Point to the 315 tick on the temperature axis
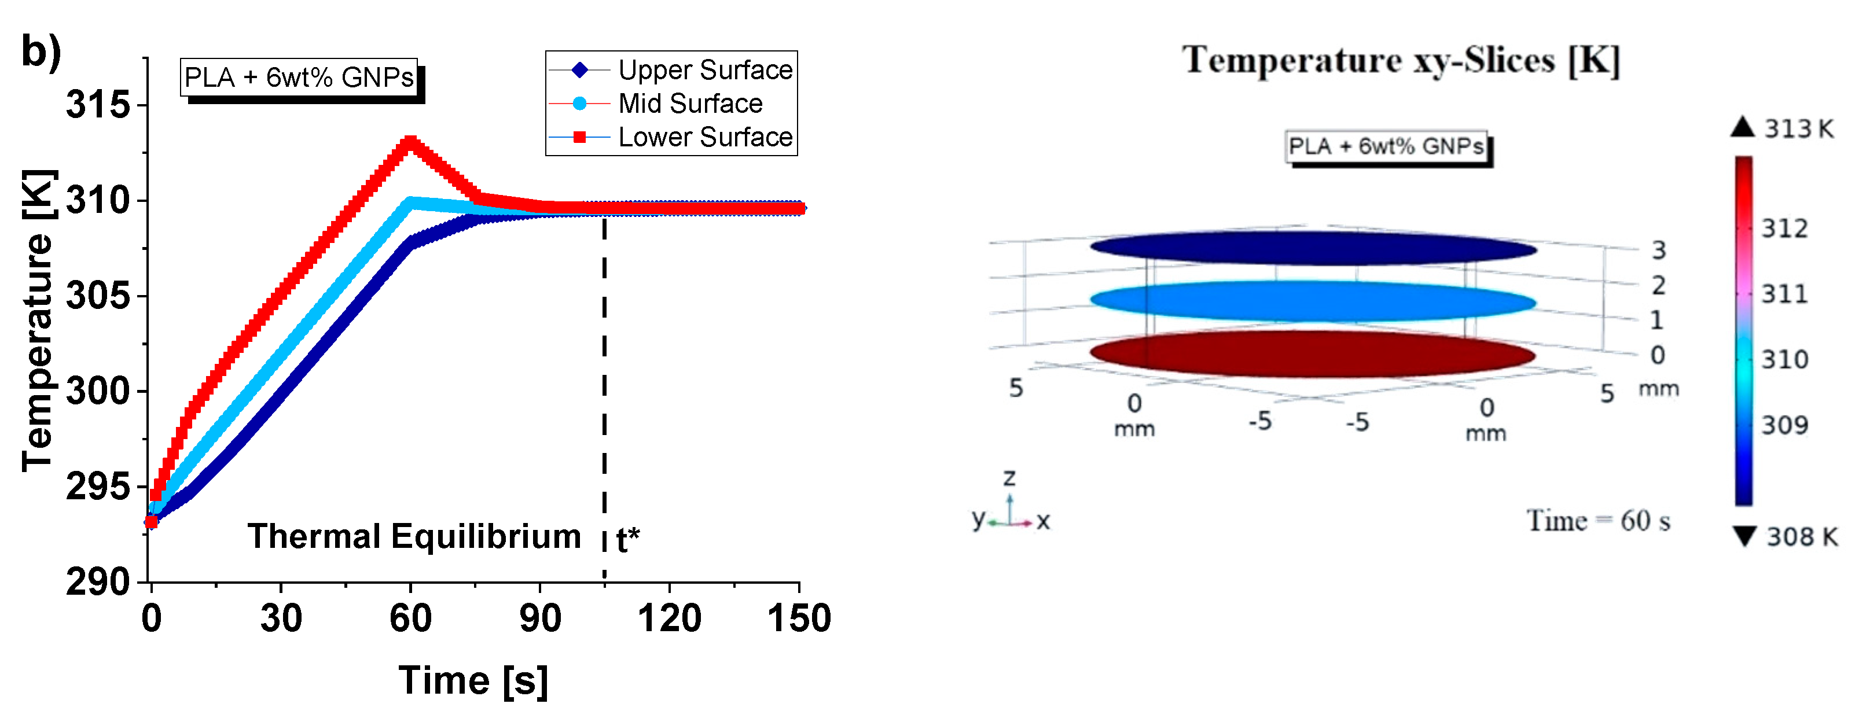click(x=98, y=105)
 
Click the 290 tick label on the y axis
click(x=98, y=581)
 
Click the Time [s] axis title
click(x=473, y=681)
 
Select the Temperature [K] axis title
click(x=38, y=320)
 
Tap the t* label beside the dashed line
click(x=628, y=540)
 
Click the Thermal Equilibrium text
click(x=414, y=537)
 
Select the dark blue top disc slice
click(x=1313, y=248)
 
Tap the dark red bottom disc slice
click(x=1313, y=354)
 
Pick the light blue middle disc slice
click(x=1313, y=301)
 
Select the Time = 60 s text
click(x=1598, y=521)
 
